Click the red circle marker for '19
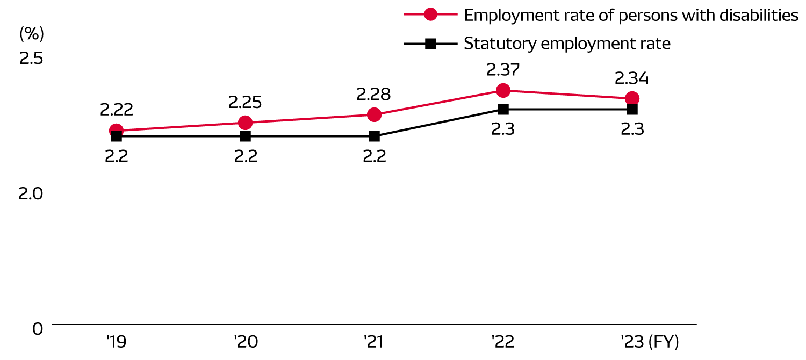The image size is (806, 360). pyautogui.click(x=116, y=131)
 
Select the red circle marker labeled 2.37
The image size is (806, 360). pyautogui.click(x=503, y=90)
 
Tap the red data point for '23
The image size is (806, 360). pyautogui.click(x=632, y=98)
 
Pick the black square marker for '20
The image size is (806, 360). pyautogui.click(x=245, y=136)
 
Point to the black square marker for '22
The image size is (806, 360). pyautogui.click(x=503, y=109)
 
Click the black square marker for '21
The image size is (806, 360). pyautogui.click(x=374, y=136)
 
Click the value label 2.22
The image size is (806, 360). pyautogui.click(x=116, y=110)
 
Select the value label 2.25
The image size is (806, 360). pyautogui.click(x=245, y=102)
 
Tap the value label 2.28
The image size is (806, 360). pyautogui.click(x=374, y=94)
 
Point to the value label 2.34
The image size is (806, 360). pyautogui.click(x=632, y=78)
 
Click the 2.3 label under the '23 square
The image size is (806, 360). pyautogui.click(x=632, y=129)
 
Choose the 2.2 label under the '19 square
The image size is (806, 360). pyautogui.click(x=116, y=156)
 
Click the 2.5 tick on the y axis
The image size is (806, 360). pyautogui.click(x=31, y=58)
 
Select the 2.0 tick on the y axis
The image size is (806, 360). pyautogui.click(x=31, y=194)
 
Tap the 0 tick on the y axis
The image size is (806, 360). pyautogui.click(x=38, y=328)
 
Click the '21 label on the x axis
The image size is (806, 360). pyautogui.click(x=374, y=342)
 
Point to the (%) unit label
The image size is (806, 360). pyautogui.click(x=31, y=33)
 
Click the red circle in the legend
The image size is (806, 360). pyautogui.click(x=430, y=15)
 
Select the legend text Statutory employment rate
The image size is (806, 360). pyautogui.click(x=567, y=44)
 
